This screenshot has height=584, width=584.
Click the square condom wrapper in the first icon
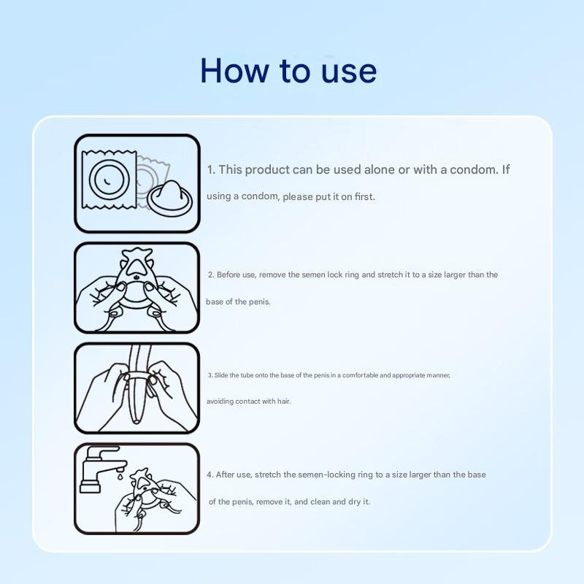click(109, 180)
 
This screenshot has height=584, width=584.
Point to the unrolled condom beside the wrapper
click(169, 198)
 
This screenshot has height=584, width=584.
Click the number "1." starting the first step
click(211, 170)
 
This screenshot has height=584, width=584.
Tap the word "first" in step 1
click(364, 196)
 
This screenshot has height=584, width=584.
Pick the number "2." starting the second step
click(211, 275)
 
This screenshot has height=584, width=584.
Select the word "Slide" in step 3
click(221, 375)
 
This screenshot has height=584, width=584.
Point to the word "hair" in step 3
click(284, 401)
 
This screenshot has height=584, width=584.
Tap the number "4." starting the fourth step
click(210, 474)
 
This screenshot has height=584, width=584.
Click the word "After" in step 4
click(225, 474)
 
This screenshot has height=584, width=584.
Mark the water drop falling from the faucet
click(120, 475)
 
